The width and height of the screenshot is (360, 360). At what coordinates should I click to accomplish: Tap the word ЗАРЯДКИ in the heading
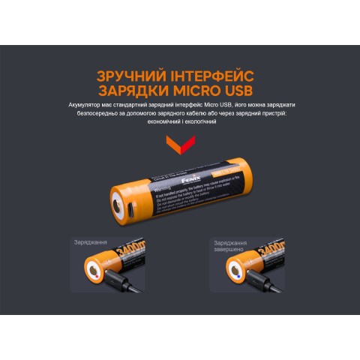coord(136,91)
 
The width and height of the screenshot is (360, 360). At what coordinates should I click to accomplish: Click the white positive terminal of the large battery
coord(118,207)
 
